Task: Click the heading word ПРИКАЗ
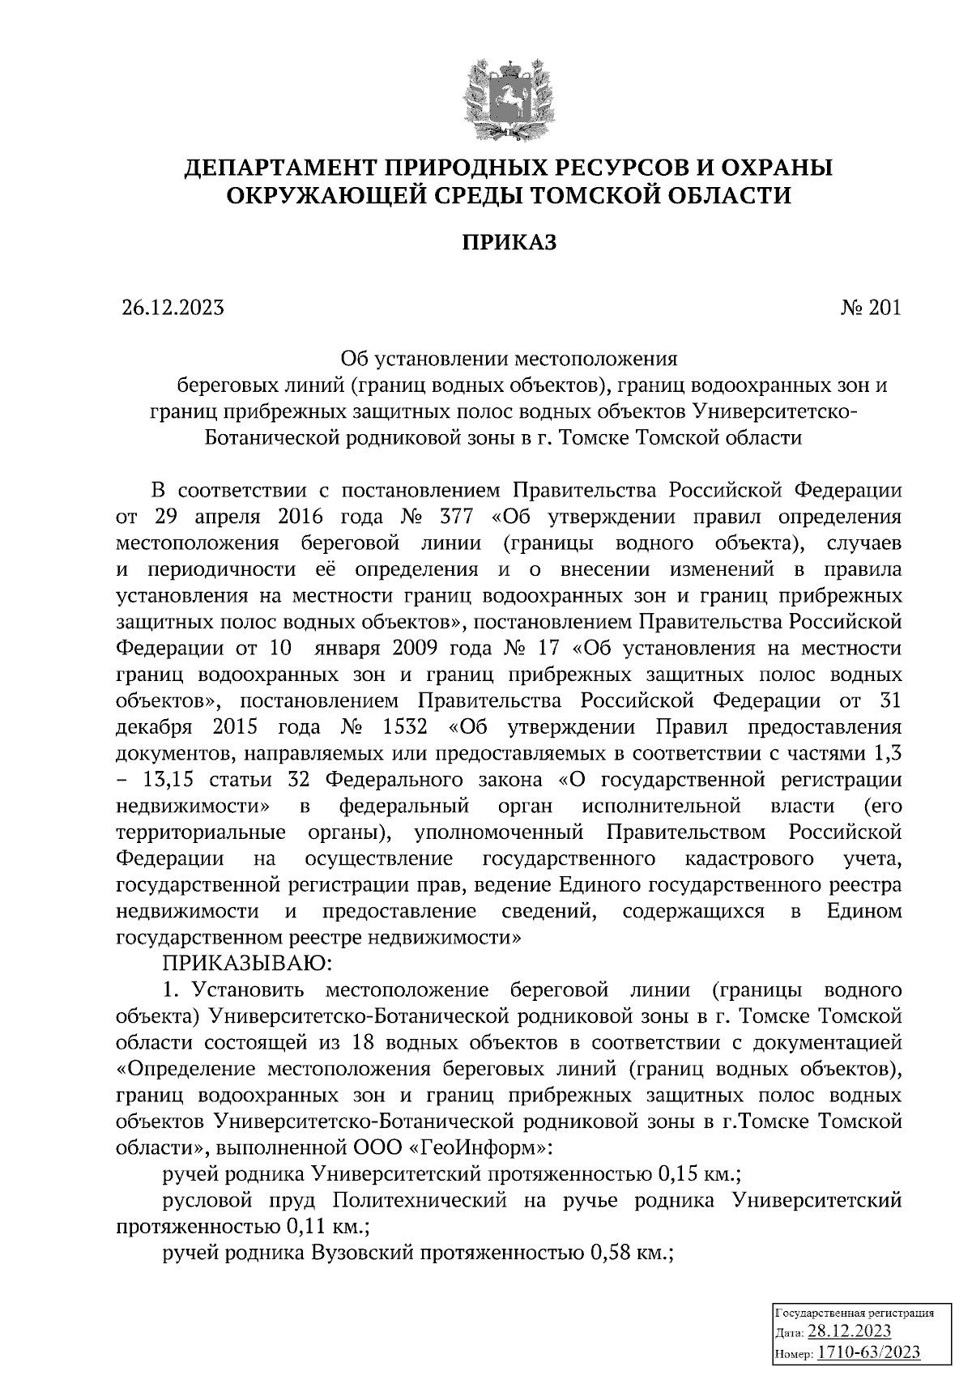coord(509,242)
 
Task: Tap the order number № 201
coord(870,309)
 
